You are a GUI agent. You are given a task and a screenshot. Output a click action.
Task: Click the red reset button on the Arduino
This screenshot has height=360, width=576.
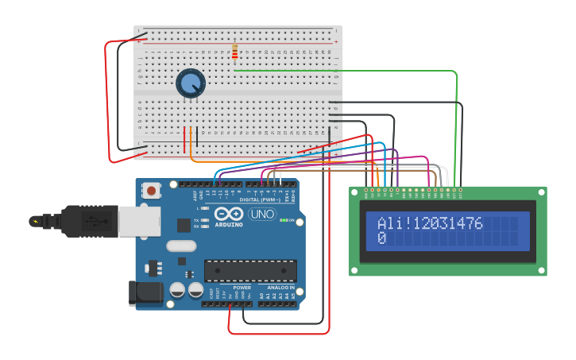151,190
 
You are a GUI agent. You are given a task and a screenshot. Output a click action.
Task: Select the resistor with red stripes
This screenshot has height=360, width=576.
234,51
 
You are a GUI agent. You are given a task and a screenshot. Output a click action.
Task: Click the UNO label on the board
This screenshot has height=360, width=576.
262,214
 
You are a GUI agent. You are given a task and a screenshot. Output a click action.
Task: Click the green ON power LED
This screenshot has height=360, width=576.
284,220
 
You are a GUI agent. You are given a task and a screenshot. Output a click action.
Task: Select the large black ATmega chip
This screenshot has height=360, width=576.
250,270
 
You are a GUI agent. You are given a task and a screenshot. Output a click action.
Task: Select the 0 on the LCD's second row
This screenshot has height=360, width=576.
381,238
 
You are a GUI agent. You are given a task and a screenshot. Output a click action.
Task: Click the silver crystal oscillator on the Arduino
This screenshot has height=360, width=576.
181,246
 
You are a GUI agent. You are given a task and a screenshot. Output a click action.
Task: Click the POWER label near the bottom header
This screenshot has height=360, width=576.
242,287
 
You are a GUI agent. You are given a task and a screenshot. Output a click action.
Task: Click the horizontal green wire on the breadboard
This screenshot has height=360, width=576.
342,71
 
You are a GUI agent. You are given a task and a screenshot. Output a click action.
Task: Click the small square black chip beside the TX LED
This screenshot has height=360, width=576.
184,225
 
